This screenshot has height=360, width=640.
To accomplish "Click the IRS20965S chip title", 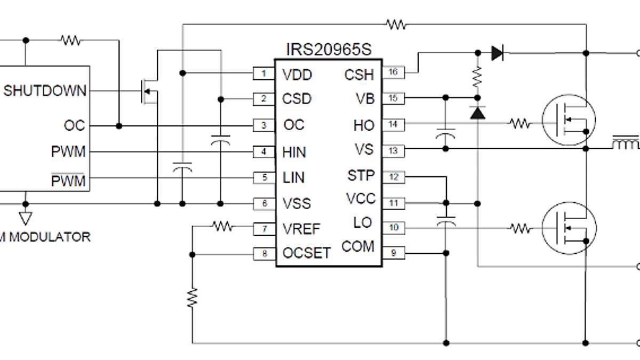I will click(x=329, y=50).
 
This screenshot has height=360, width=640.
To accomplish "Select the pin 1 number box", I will click(x=263, y=74).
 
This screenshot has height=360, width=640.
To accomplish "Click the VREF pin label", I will click(x=301, y=229).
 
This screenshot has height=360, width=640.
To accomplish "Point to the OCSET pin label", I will click(x=307, y=252).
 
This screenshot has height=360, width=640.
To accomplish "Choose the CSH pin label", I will click(x=359, y=75).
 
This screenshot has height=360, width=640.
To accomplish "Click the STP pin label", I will click(x=361, y=175).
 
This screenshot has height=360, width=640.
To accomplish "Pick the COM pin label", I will click(x=358, y=247).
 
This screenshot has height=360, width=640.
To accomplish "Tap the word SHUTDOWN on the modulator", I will click(x=45, y=91).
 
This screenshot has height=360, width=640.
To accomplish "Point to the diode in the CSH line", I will click(x=497, y=53).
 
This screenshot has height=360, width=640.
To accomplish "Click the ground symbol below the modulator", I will click(x=25, y=218).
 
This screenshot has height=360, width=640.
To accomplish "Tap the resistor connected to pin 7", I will click(x=223, y=227).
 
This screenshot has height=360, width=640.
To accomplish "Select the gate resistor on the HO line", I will click(x=520, y=124).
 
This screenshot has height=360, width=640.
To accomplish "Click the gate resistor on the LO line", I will click(x=520, y=229).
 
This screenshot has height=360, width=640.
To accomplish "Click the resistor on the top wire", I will click(x=396, y=24).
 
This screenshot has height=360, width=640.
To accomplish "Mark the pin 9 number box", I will click(x=394, y=253).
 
